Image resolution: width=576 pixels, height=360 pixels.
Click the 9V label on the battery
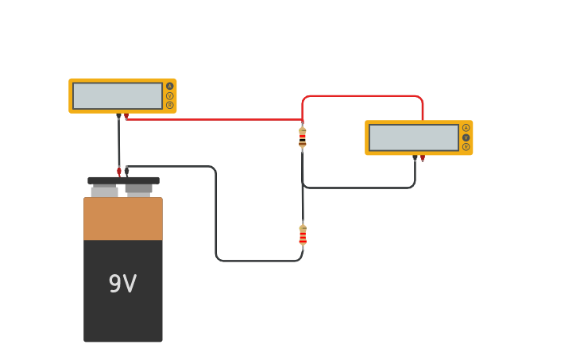click(x=122, y=284)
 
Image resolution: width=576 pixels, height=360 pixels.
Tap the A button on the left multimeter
click(x=169, y=86)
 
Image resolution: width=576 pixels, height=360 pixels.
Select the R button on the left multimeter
click(x=169, y=105)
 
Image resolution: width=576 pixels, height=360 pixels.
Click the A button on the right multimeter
click(x=466, y=128)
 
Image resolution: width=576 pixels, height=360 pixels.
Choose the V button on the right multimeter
click(x=466, y=137)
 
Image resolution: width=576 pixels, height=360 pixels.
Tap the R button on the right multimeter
click(x=466, y=147)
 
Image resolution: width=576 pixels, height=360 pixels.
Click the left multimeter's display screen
click(x=118, y=95)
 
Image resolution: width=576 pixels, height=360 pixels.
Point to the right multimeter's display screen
click(x=413, y=137)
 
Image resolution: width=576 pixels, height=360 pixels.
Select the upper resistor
click(x=302, y=137)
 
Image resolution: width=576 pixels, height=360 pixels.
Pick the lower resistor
click(x=303, y=235)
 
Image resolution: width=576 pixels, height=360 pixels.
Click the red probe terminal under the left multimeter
click(x=126, y=117)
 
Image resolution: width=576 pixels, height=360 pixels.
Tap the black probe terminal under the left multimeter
click(x=118, y=117)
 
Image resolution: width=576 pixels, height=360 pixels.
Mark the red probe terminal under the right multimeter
click(x=423, y=159)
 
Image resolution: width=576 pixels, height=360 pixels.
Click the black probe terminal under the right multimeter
click(x=415, y=159)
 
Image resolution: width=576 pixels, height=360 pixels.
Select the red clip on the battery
click(x=119, y=171)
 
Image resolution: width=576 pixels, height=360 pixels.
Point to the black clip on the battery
click(x=126, y=171)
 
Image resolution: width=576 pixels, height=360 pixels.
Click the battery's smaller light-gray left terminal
click(x=104, y=192)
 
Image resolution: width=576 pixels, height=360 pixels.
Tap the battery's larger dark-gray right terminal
click(x=138, y=189)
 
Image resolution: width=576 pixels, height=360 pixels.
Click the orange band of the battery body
click(x=123, y=219)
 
